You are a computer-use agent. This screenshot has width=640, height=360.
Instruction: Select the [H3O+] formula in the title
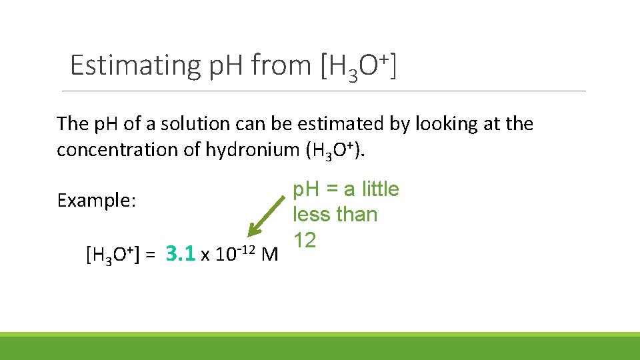[359, 65]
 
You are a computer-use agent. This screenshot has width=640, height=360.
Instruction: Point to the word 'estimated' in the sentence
[345, 124]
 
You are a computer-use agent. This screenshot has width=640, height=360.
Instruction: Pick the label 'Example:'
[97, 201]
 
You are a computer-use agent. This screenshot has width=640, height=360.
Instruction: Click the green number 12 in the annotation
[305, 240]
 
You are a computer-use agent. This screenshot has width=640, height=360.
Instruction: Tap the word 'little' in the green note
[380, 189]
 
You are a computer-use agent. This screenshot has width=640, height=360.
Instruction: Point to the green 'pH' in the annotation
[307, 189]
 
